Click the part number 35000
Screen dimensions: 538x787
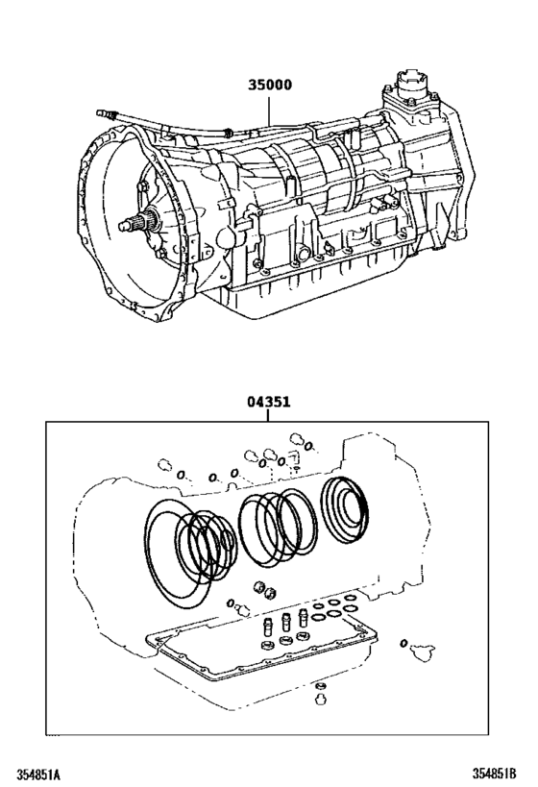tap(270, 85)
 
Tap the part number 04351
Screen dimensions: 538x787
tap(268, 402)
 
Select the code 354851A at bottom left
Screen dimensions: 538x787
tap(37, 774)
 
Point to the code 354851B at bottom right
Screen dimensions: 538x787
tap(494, 773)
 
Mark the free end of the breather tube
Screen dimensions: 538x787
tap(100, 113)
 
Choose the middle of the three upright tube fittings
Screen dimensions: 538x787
tap(286, 622)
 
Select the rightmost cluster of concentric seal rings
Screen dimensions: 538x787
tap(343, 509)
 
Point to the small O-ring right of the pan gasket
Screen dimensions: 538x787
tap(403, 644)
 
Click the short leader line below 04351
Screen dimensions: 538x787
tap(268, 416)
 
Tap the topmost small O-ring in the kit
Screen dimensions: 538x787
tap(309, 446)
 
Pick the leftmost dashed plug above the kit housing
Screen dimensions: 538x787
tap(164, 465)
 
